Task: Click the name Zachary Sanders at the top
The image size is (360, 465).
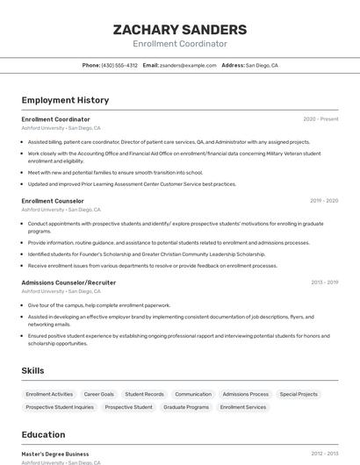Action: pyautogui.click(x=179, y=30)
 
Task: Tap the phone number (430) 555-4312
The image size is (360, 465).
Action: pyautogui.click(x=119, y=65)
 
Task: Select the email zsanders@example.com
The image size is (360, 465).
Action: pyautogui.click(x=186, y=65)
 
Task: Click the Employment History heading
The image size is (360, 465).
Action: pyautogui.click(x=65, y=100)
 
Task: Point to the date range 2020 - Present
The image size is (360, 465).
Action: pyautogui.click(x=320, y=119)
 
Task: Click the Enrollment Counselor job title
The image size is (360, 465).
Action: pyautogui.click(x=53, y=201)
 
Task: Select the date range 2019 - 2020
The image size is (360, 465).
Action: pyautogui.click(x=324, y=201)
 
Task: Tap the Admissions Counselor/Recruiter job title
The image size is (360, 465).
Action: pyautogui.click(x=68, y=283)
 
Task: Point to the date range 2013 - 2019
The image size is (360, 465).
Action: pyautogui.click(x=324, y=283)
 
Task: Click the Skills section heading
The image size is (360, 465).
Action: pyautogui.click(x=32, y=371)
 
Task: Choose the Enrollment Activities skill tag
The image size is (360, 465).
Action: pyautogui.click(x=49, y=394)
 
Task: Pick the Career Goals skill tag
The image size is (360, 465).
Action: pyautogui.click(x=98, y=394)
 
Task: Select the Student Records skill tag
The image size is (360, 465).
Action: pyautogui.click(x=144, y=394)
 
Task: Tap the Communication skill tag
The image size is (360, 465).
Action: pyautogui.click(x=193, y=394)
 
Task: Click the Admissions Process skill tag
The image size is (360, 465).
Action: pyautogui.click(x=246, y=394)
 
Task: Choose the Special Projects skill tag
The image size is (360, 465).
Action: pyautogui.click(x=299, y=394)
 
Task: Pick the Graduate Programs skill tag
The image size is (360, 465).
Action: pyautogui.click(x=186, y=407)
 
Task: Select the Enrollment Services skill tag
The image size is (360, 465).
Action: pyautogui.click(x=243, y=407)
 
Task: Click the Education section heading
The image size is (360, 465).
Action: pyautogui.click(x=44, y=434)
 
